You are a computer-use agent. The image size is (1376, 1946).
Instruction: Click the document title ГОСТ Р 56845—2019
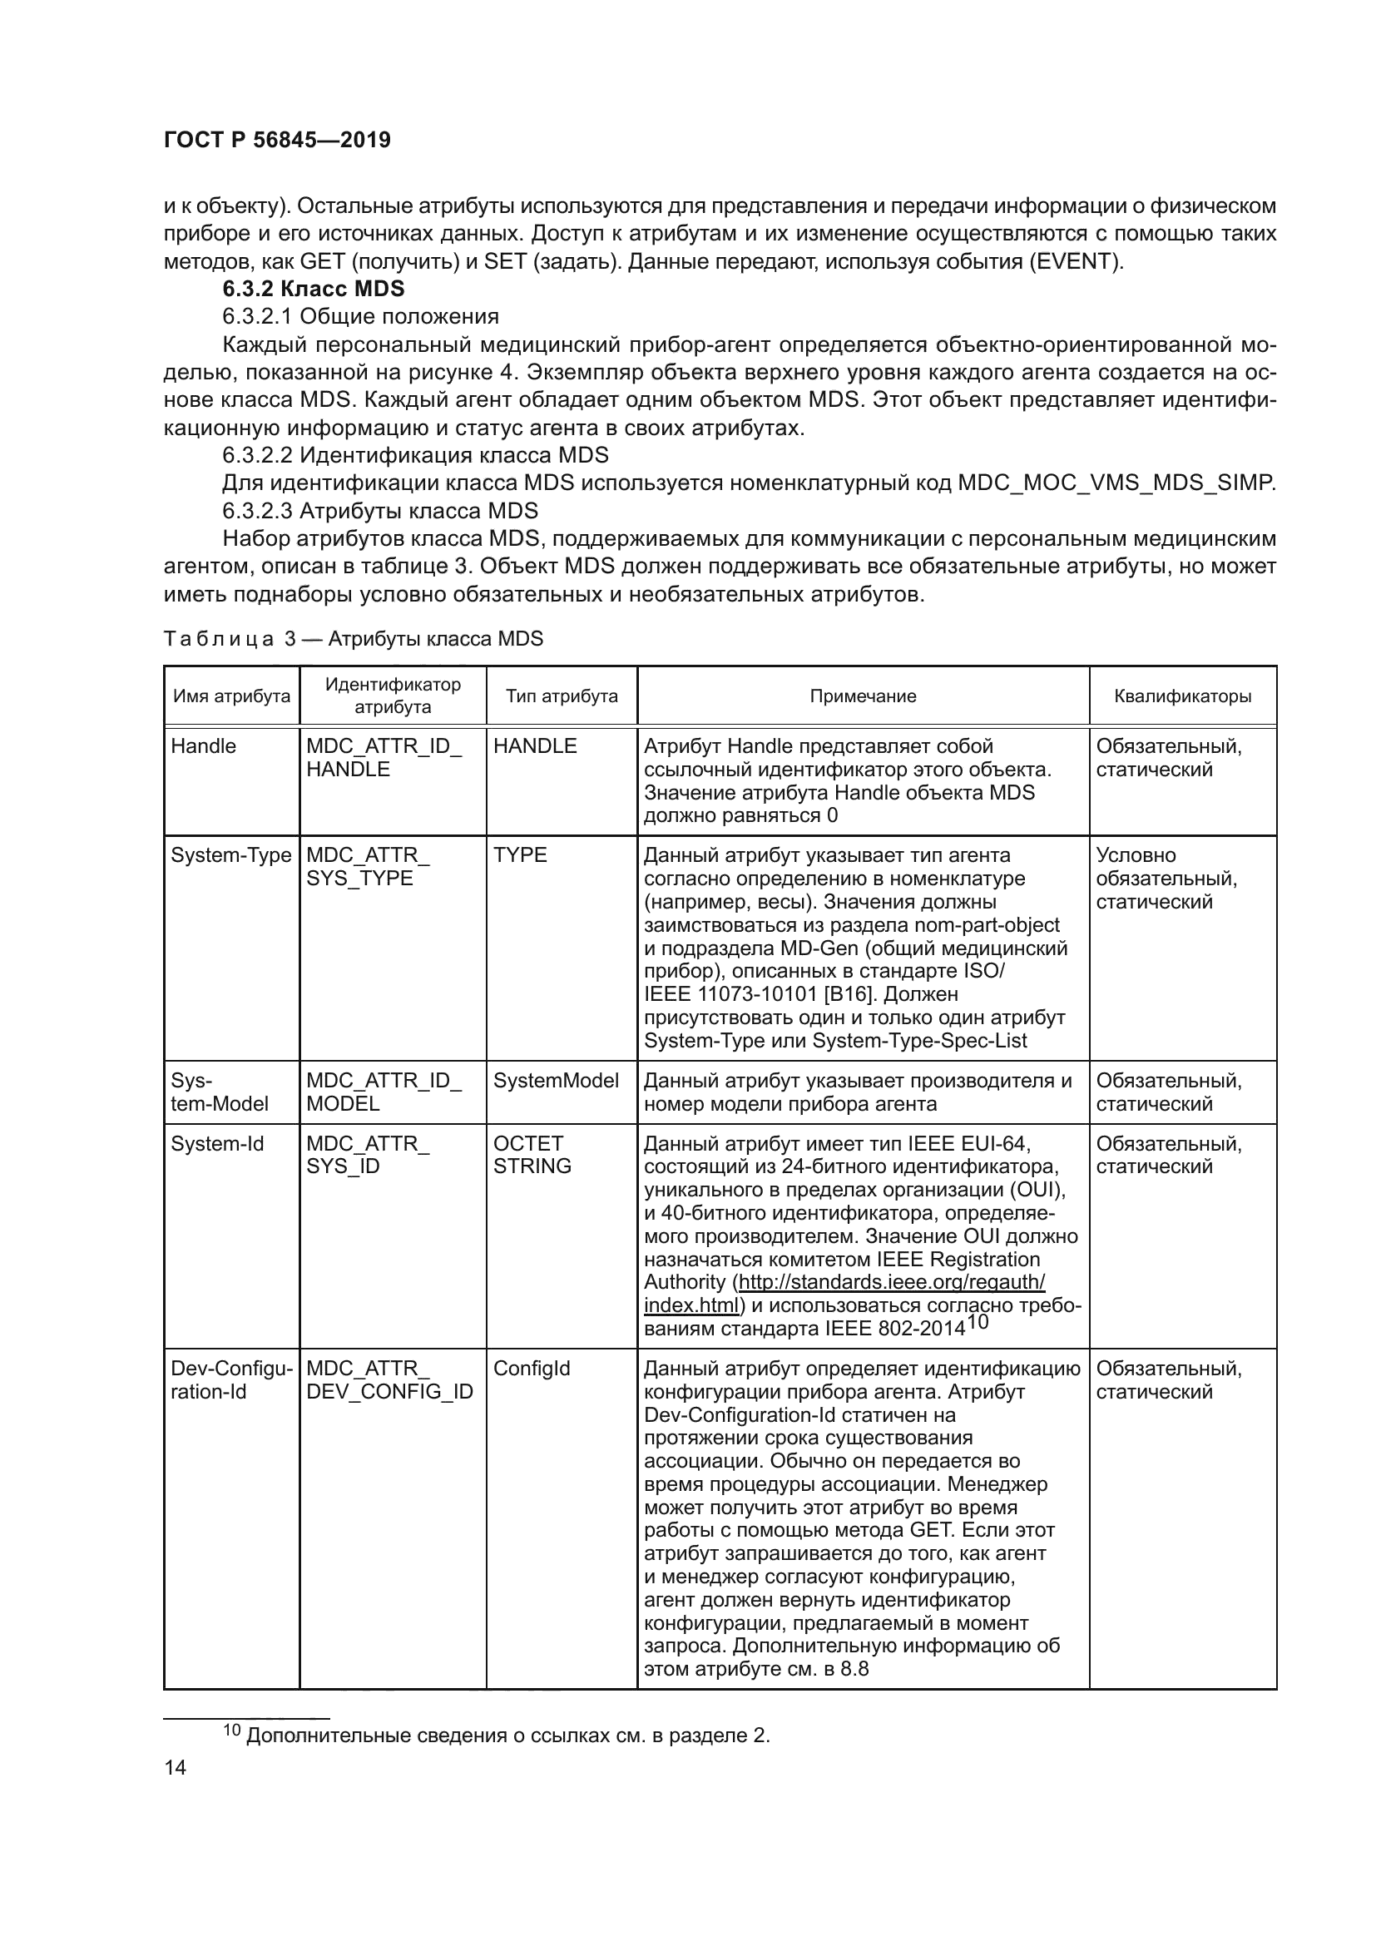pos(276,141)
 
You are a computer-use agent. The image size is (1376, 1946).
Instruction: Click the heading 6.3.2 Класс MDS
pos(313,289)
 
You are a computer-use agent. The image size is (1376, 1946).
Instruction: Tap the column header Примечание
pos(863,696)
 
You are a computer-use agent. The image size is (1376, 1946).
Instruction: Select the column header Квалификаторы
pos(1182,696)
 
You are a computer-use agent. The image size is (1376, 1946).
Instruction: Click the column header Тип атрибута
pos(562,696)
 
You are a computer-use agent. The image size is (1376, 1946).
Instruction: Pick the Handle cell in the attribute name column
pos(203,745)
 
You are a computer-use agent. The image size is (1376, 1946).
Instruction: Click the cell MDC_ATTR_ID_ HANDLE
pos(383,758)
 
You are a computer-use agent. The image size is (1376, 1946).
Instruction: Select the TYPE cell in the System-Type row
pos(520,854)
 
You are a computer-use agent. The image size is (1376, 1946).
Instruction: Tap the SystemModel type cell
pos(556,1080)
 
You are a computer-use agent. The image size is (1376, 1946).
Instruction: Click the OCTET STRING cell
pos(532,1155)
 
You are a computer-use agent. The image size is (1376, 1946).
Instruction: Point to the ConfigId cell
pos(532,1368)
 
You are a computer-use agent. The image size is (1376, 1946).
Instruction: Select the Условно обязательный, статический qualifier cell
pos(1166,878)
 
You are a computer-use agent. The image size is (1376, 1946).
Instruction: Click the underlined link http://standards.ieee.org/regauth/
pos(891,1281)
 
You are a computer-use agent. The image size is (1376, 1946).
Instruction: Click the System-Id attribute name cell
pos(217,1143)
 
